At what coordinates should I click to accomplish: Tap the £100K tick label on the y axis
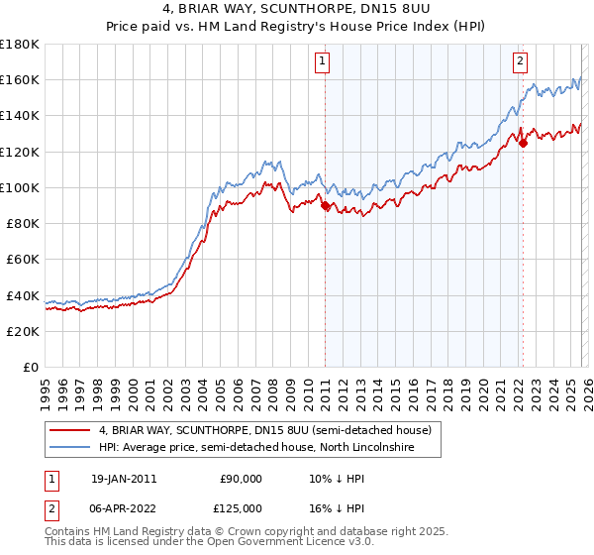coord(20,187)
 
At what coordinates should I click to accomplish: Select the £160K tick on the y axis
coord(20,79)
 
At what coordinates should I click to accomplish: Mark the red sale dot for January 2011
coord(325,206)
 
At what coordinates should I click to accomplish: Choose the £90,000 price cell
coord(241,478)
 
